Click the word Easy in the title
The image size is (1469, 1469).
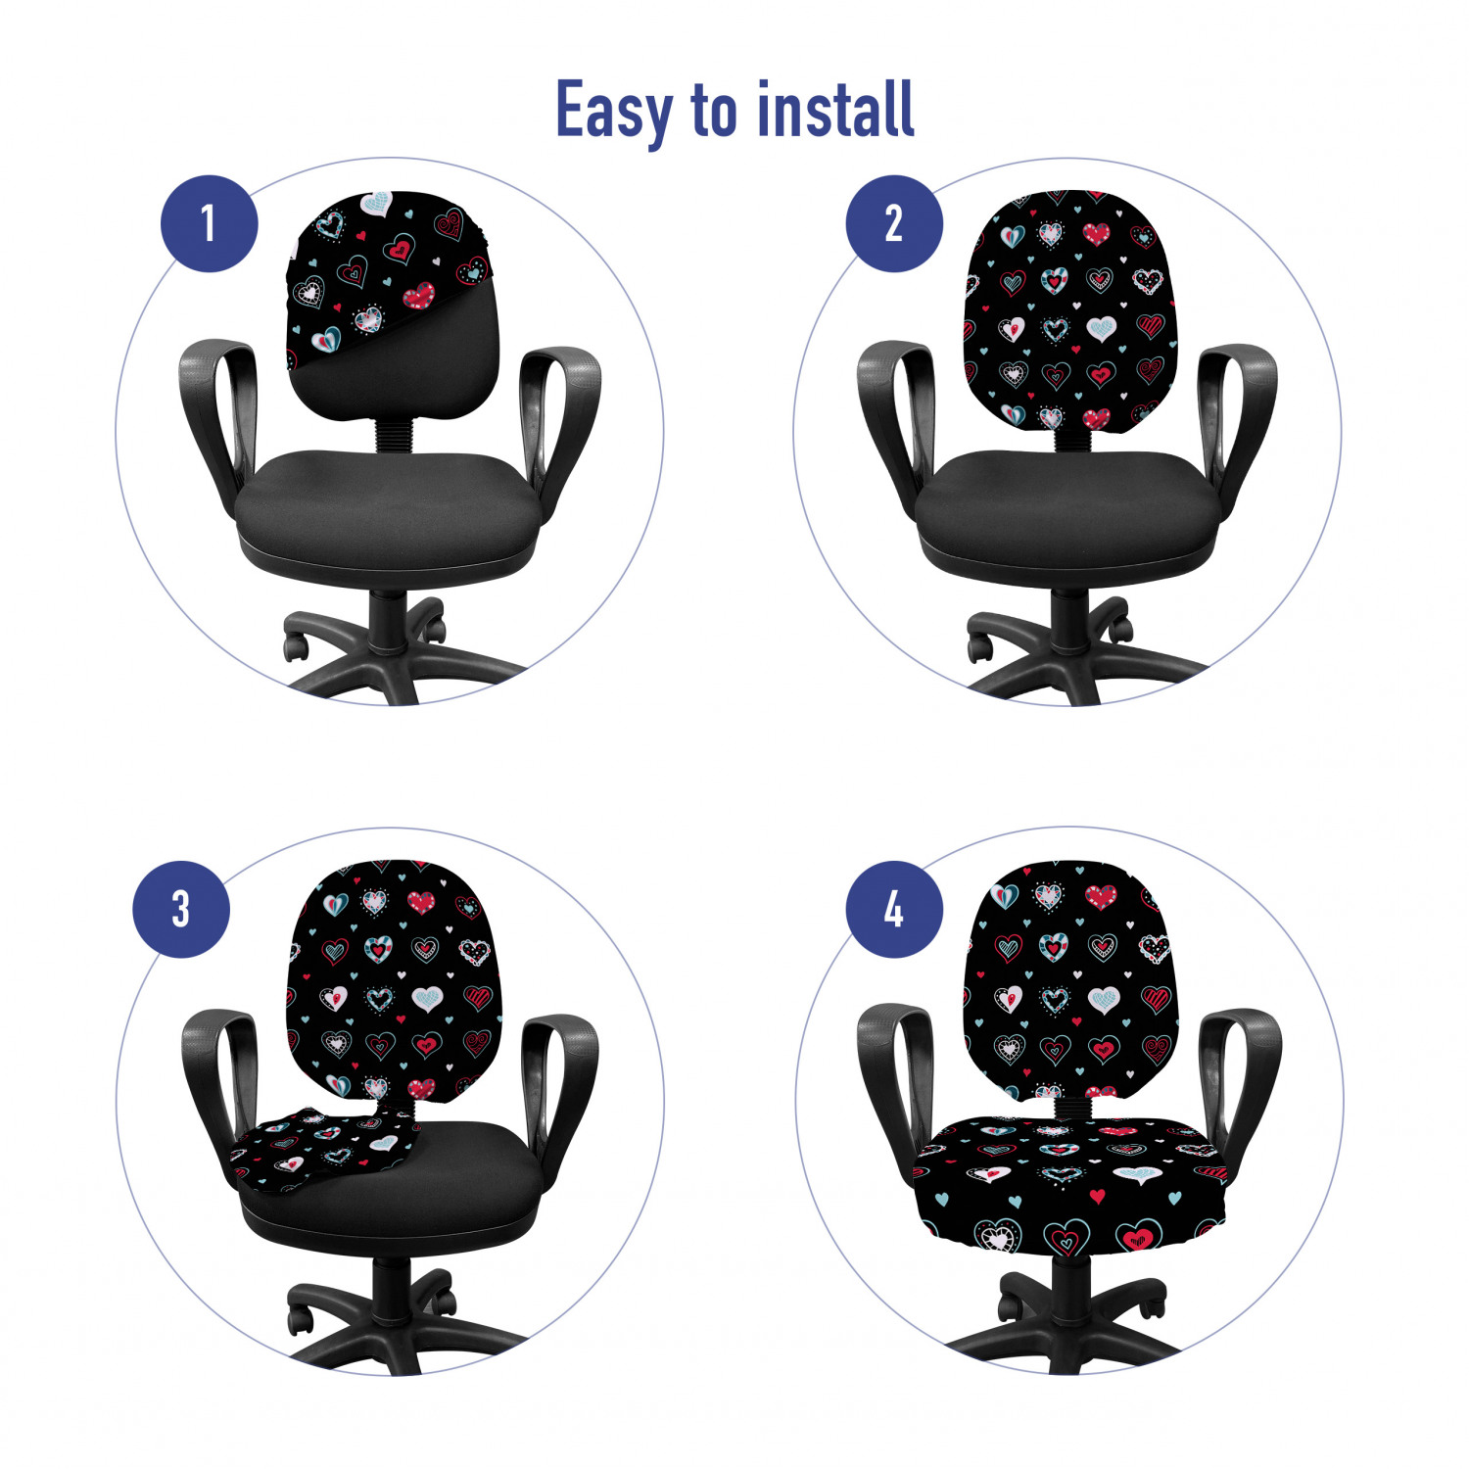point(614,112)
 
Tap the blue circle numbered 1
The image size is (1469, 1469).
point(210,223)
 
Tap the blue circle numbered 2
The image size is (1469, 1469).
point(894,223)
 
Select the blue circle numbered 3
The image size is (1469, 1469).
point(181,909)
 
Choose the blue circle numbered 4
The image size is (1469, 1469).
point(894,909)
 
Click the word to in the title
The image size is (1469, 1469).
point(715,110)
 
